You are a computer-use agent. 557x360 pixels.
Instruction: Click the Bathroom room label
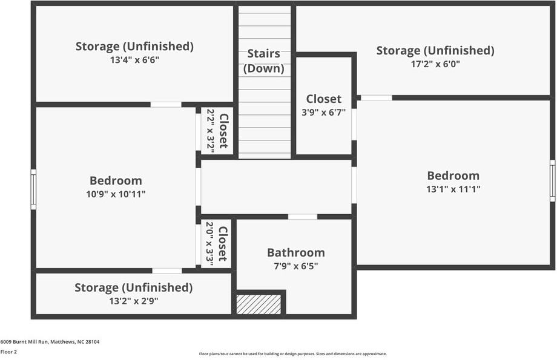(x=295, y=253)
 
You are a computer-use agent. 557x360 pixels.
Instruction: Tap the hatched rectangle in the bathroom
(x=259, y=304)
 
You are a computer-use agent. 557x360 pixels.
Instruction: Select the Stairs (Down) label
(x=264, y=61)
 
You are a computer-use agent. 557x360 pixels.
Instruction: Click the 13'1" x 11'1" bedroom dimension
(x=453, y=189)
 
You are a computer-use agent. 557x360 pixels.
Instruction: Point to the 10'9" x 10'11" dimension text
(x=116, y=194)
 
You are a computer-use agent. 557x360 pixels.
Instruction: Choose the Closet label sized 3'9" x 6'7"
(x=323, y=99)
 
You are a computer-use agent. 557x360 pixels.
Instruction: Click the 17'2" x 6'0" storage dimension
(x=435, y=64)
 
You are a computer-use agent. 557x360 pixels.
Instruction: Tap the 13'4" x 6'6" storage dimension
(x=134, y=60)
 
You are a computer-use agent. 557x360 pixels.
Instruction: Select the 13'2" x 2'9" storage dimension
(x=134, y=301)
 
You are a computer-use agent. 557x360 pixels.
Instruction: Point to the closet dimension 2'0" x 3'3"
(x=210, y=244)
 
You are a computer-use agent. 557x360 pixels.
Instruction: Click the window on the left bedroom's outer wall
(x=33, y=189)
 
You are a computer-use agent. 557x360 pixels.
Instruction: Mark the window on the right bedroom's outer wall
(x=552, y=180)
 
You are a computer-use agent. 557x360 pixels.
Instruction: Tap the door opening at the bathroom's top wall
(x=302, y=217)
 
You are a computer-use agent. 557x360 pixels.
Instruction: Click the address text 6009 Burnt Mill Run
(x=50, y=342)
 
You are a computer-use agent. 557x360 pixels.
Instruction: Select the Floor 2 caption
(x=8, y=352)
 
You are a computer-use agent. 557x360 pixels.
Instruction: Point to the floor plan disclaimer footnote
(x=292, y=354)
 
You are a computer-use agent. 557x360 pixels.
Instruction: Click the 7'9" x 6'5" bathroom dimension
(x=295, y=266)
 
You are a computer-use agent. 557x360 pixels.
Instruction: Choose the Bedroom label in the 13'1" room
(x=453, y=175)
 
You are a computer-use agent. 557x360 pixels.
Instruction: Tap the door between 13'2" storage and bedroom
(x=166, y=270)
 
